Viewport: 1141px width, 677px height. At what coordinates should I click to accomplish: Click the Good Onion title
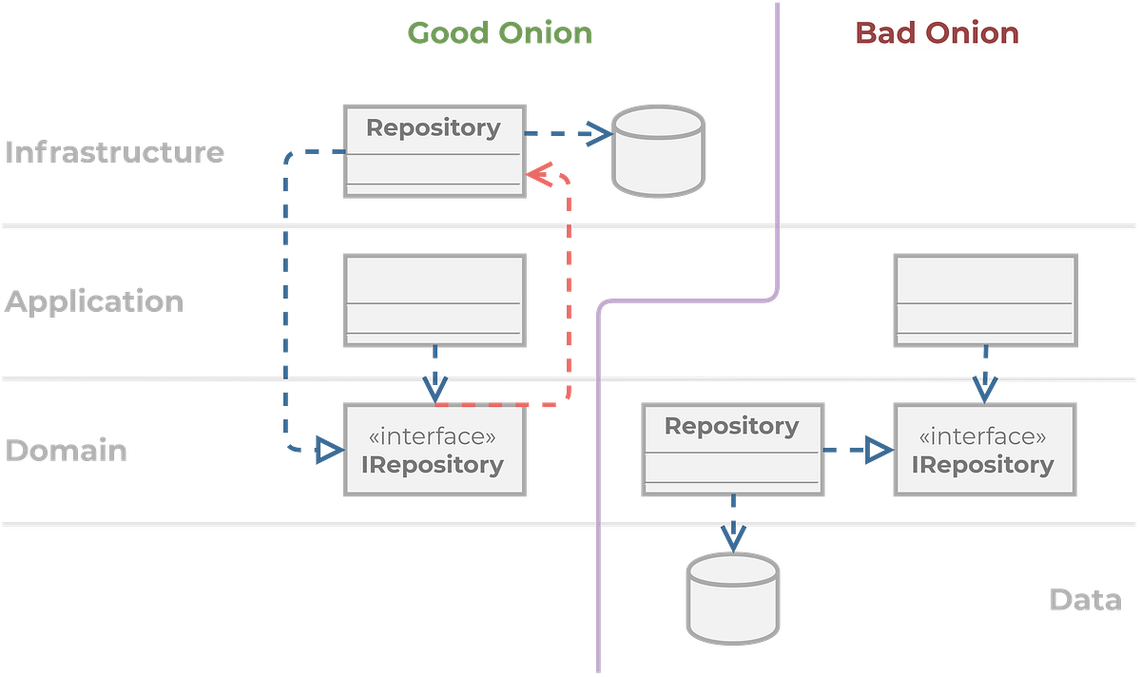(x=499, y=32)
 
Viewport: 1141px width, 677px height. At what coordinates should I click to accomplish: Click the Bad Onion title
(x=937, y=33)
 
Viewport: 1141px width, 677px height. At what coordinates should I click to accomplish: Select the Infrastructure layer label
(x=115, y=152)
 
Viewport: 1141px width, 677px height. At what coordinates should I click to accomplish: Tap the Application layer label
(x=94, y=301)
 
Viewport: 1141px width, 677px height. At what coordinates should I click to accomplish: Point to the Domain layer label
(x=66, y=450)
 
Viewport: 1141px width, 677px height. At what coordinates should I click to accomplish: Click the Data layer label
(x=1085, y=600)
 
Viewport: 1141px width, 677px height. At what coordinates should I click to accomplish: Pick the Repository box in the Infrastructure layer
(x=434, y=150)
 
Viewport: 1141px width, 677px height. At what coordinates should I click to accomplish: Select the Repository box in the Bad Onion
(x=732, y=448)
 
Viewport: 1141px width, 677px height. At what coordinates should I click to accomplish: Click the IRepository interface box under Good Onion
(x=434, y=450)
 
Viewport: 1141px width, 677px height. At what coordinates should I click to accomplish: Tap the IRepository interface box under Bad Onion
(x=984, y=450)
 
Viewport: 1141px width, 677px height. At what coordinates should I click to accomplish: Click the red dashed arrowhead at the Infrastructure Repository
(x=540, y=175)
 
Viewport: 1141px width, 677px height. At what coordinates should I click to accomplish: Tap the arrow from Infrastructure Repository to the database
(x=569, y=134)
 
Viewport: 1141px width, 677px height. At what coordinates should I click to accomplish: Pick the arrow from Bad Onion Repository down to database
(x=732, y=522)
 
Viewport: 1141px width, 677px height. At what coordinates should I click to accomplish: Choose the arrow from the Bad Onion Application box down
(x=984, y=375)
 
